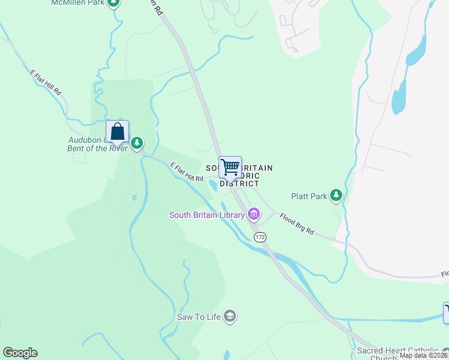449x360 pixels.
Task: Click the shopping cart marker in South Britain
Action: (230, 167)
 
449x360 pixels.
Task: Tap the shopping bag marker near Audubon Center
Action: (118, 132)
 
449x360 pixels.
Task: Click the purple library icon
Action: (254, 214)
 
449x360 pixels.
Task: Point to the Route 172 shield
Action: (259, 238)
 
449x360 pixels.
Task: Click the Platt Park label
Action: (309, 196)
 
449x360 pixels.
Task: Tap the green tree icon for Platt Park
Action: (337, 195)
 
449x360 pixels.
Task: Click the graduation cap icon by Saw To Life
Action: (229, 316)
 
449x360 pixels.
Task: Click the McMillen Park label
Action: (77, 3)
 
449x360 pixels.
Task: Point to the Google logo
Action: (20, 353)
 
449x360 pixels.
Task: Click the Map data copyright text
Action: (424, 355)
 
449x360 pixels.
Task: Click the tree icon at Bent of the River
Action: (137, 143)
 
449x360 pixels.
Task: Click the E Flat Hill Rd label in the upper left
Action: (46, 83)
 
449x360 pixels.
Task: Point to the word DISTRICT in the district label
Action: (239, 184)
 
